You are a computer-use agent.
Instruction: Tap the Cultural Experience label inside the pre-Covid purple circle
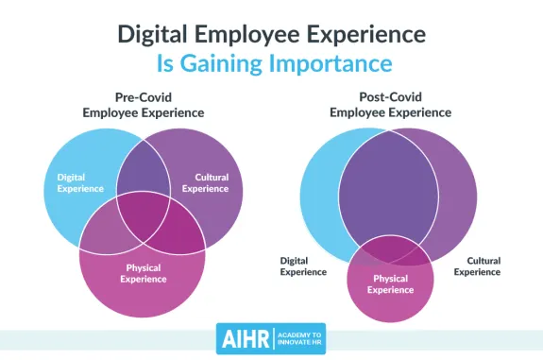[211, 182]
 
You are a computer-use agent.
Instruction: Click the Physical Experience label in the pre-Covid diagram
[143, 272]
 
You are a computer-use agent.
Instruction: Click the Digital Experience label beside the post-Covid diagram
[302, 266]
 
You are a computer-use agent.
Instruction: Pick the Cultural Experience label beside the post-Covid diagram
[477, 266]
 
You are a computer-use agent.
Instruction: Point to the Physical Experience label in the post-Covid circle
[390, 283]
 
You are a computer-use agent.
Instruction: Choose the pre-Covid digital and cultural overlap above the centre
[143, 170]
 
